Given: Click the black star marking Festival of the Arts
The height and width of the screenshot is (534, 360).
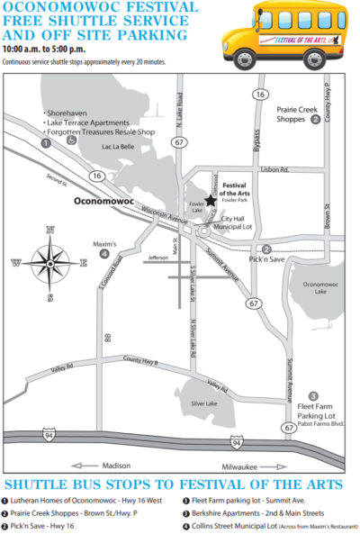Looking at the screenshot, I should tap(209, 201).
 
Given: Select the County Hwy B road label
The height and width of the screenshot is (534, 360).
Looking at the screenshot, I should tap(140, 362).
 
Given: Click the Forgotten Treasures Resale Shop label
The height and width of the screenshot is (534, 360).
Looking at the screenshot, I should tap(98, 132).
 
